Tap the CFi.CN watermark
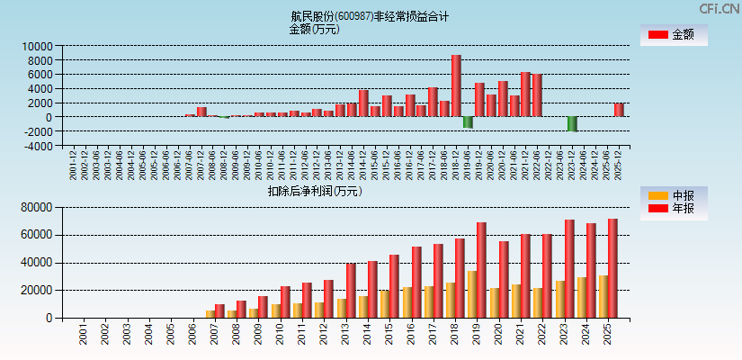[x=720, y=9]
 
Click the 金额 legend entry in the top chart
[x=673, y=35]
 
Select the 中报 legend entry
[x=673, y=195]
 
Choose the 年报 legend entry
[x=673, y=209]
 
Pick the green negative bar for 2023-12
[x=572, y=123]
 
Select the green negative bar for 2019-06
[x=468, y=121]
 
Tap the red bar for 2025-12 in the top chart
[x=619, y=110]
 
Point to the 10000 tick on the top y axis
[x=37, y=46]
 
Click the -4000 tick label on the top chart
[x=37, y=145]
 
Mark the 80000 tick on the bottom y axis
[x=37, y=208]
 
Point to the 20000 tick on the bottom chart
[x=37, y=291]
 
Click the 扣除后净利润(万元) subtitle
[x=314, y=191]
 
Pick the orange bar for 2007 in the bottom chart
[x=210, y=314]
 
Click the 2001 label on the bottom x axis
[x=84, y=337]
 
